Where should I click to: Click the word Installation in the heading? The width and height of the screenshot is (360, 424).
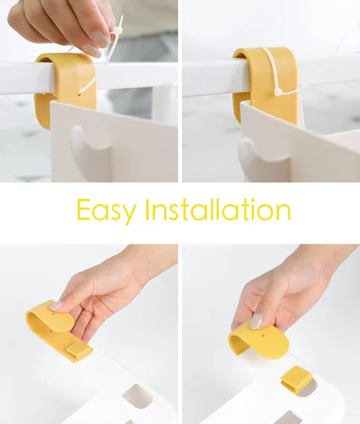(218, 209)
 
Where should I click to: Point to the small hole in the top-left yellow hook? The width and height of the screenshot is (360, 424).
(79, 95)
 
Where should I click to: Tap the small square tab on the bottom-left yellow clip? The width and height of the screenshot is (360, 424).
(79, 351)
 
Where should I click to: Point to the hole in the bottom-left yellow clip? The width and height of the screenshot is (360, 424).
(53, 313)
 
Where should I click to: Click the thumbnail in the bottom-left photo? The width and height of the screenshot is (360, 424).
(58, 305)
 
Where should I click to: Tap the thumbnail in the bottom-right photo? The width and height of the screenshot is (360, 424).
(257, 321)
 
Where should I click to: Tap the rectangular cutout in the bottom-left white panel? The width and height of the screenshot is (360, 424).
(137, 396)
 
